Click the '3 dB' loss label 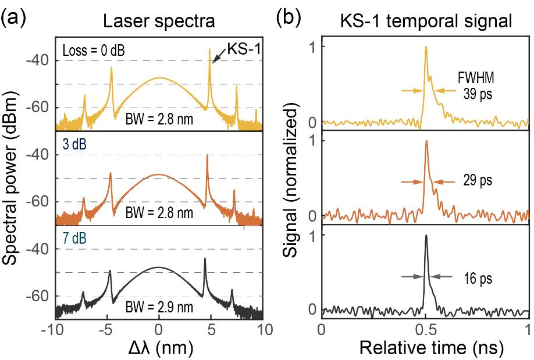(74, 143)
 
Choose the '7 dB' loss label (74, 237)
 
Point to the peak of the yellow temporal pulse (426, 47)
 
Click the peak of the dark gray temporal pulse (426, 235)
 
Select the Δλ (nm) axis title (159, 347)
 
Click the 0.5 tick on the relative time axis (426, 330)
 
